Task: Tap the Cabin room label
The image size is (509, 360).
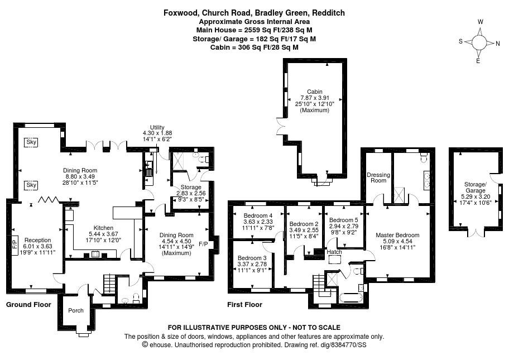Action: [315, 92]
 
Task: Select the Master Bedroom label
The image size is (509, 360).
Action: [397, 235]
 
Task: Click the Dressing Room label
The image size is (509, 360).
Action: [378, 177]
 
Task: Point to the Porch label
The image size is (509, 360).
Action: [76, 310]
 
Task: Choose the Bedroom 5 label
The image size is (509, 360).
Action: [343, 220]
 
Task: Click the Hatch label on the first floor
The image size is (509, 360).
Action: [334, 252]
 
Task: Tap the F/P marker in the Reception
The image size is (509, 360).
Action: [15, 242]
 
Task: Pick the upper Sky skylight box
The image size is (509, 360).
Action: [31, 142]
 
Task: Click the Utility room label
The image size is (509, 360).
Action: [157, 127]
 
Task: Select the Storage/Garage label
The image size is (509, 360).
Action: [476, 188]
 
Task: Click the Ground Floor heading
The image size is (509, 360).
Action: [28, 305]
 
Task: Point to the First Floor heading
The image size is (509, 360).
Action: [245, 305]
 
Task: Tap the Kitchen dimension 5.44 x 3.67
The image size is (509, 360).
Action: [103, 234]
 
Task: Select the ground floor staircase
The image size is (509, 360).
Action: [109, 284]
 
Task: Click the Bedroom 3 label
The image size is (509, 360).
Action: [252, 258]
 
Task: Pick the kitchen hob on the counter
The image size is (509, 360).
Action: [95, 254]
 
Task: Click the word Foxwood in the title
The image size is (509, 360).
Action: [180, 13]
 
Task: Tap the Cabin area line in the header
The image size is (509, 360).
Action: [254, 47]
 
